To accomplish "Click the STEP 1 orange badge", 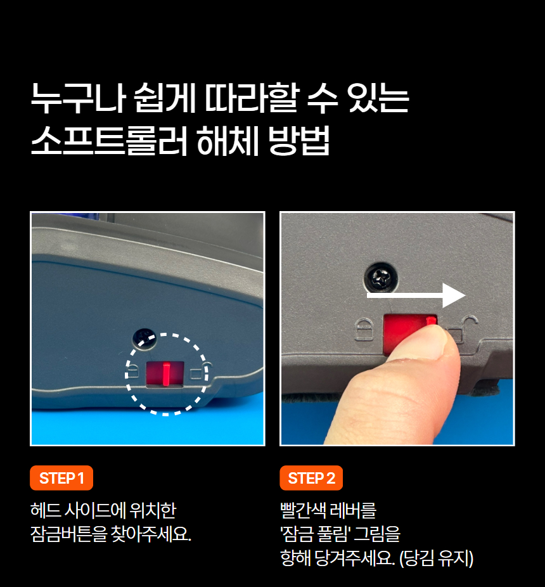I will click(x=61, y=478).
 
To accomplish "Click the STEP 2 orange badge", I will click(x=311, y=478).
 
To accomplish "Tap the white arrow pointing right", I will click(x=416, y=295).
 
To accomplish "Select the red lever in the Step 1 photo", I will click(x=165, y=374).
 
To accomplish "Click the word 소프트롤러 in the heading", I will click(x=108, y=141).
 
